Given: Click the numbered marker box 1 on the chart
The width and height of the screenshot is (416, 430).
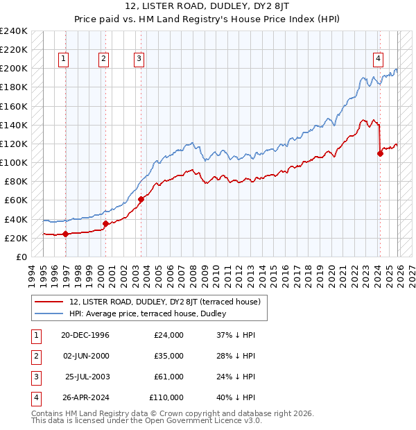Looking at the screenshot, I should pyautogui.click(x=63, y=60).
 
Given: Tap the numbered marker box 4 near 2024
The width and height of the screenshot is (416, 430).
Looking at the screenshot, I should pyautogui.click(x=378, y=60).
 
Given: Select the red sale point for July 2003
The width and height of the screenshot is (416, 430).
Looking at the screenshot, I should pyautogui.click(x=141, y=199).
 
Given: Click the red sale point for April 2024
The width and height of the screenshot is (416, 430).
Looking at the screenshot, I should pyautogui.click(x=380, y=153).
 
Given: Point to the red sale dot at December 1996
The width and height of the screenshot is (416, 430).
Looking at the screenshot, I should pyautogui.click(x=65, y=234).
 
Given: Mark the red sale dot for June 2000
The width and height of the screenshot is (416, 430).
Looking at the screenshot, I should pyautogui.click(x=105, y=223).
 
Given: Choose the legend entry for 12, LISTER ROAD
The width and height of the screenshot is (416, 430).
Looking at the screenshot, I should pyautogui.click(x=164, y=302).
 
